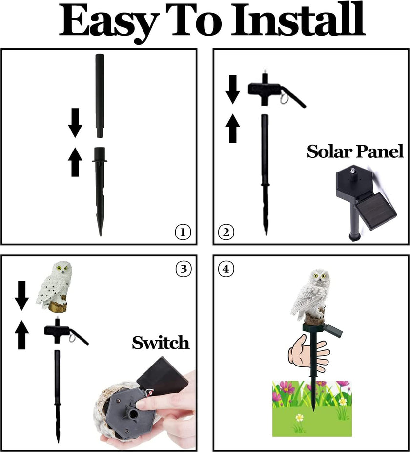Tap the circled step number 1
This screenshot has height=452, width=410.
183,233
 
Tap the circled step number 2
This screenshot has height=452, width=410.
225,233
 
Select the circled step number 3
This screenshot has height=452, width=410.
183,268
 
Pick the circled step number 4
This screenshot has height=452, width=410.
225,268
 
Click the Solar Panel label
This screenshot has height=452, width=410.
355,151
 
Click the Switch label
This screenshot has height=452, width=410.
160,343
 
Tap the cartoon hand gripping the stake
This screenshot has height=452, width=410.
307,352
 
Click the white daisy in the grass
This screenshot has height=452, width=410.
299,418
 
